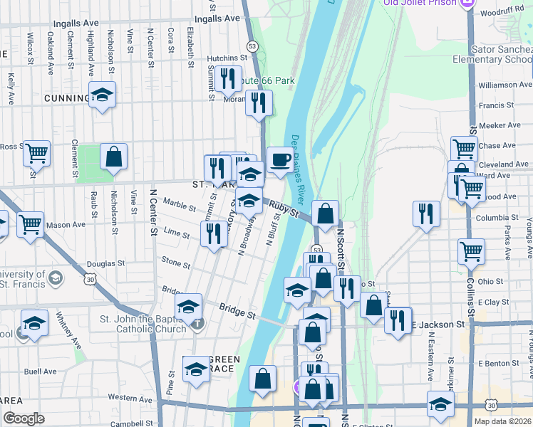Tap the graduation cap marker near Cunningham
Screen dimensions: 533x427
(x=102, y=95)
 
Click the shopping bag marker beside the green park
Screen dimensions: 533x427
(x=113, y=157)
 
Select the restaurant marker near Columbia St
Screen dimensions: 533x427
(x=426, y=214)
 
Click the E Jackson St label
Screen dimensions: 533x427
(x=438, y=324)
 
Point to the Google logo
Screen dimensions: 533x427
(x=24, y=418)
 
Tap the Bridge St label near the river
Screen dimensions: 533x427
(x=237, y=312)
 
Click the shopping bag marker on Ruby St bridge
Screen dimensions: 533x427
(x=325, y=213)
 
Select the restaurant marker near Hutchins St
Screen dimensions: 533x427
(x=228, y=79)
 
